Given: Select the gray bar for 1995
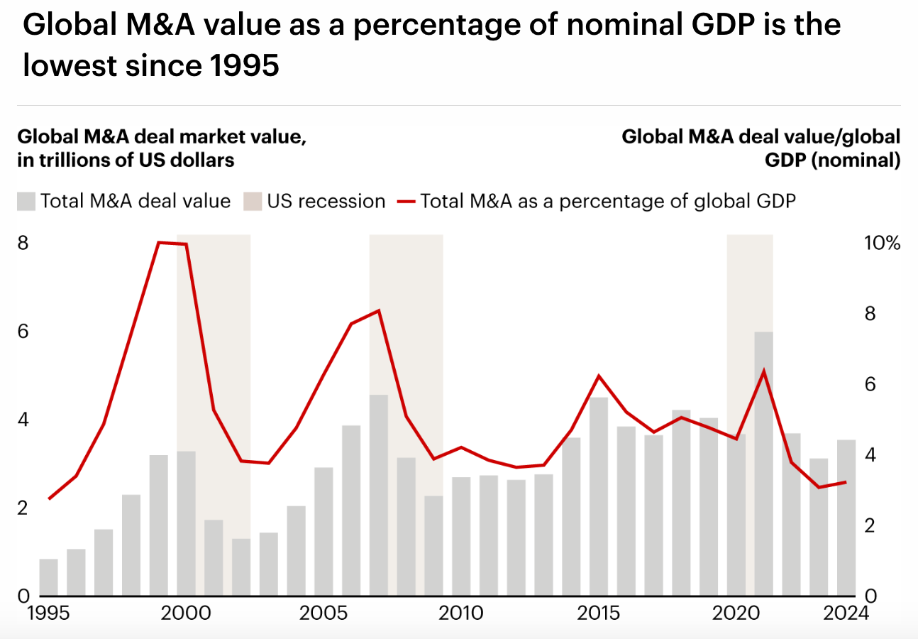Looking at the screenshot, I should [49, 577].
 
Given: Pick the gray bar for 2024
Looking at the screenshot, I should [846, 518].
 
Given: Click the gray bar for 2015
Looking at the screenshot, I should [599, 496].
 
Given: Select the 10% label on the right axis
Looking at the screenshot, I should [883, 244].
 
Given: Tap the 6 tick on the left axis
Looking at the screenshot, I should [23, 332].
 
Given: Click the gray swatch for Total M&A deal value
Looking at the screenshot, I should [26, 202].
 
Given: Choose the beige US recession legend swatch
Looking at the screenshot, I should [253, 202].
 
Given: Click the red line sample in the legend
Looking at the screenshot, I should [406, 202].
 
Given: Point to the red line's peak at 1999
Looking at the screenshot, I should [159, 243].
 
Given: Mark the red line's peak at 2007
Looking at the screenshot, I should [379, 310].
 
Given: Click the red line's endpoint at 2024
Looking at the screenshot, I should [845, 482].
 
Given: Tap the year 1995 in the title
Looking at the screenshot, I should [245, 66].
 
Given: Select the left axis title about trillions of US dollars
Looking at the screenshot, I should [126, 148].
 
